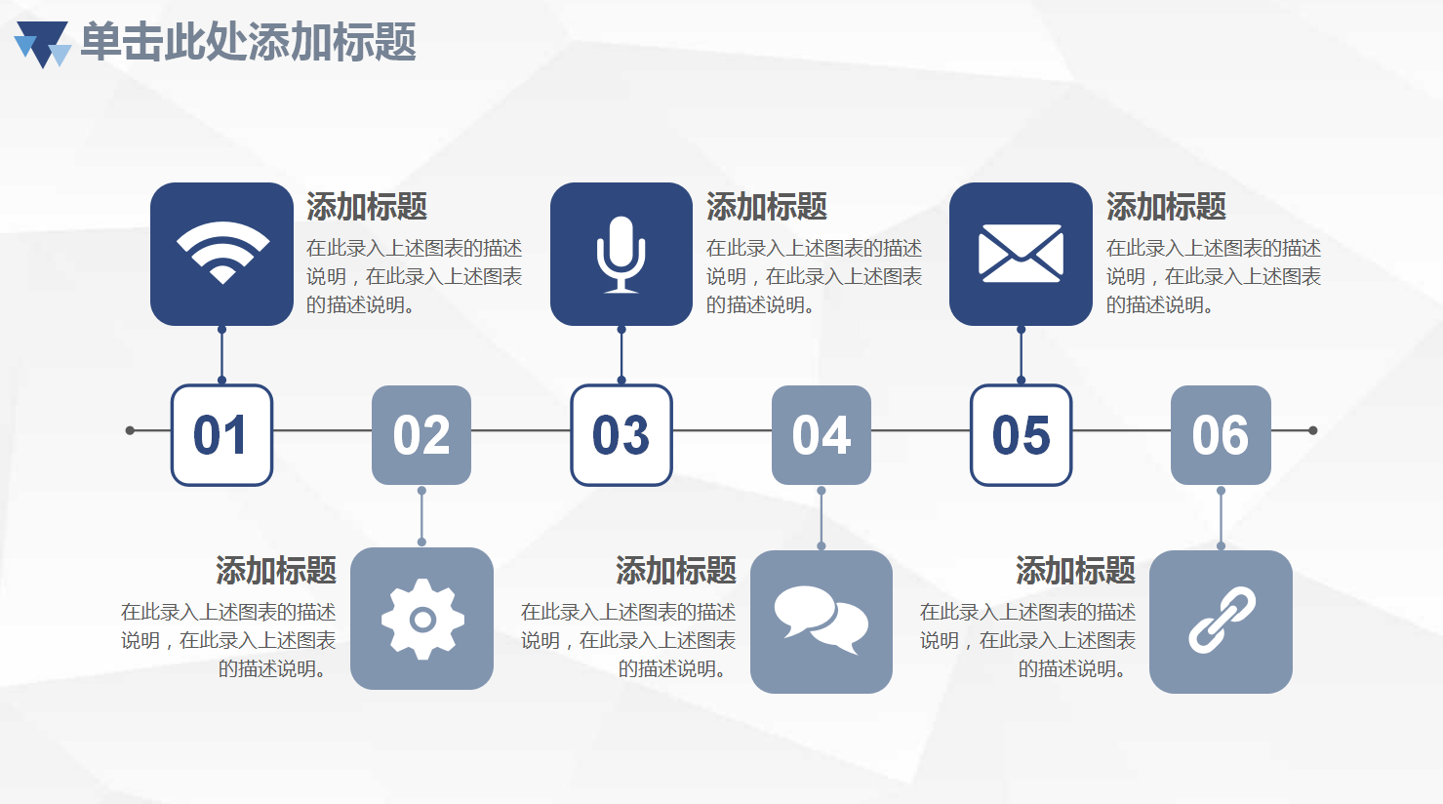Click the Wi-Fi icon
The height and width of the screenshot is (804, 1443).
coord(222,253)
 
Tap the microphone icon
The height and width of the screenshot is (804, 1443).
coord(621,255)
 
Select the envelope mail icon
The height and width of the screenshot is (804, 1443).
coord(1021,253)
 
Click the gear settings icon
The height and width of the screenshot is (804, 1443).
coord(422,620)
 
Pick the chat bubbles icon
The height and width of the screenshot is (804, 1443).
coord(821,620)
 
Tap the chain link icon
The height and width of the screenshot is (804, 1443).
coord(1222,620)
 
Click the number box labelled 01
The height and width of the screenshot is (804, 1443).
coord(221,435)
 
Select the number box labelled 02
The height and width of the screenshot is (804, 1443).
coord(421,435)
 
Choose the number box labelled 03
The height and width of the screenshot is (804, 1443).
coord(621,435)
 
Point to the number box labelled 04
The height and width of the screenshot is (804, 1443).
coord(822,435)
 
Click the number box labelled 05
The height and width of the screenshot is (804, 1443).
coord(1022,435)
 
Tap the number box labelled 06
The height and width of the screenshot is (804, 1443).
coord(1221,435)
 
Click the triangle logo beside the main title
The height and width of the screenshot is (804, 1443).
coord(43,44)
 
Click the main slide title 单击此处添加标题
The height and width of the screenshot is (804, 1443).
coord(248,43)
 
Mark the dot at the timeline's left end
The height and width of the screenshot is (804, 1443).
coord(130,430)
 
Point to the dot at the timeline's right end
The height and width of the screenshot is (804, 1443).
coord(1313,430)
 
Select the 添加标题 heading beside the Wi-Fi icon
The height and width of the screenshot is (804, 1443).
coord(367,207)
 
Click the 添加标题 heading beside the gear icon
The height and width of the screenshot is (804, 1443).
coord(276,571)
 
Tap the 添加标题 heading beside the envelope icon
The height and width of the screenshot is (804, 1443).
coord(1166,207)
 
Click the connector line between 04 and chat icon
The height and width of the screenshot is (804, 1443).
coord(822,518)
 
